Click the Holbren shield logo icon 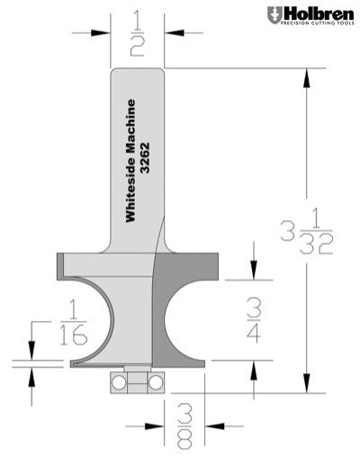pyautogui.click(x=274, y=16)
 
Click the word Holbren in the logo pyautogui.click(x=319, y=14)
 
